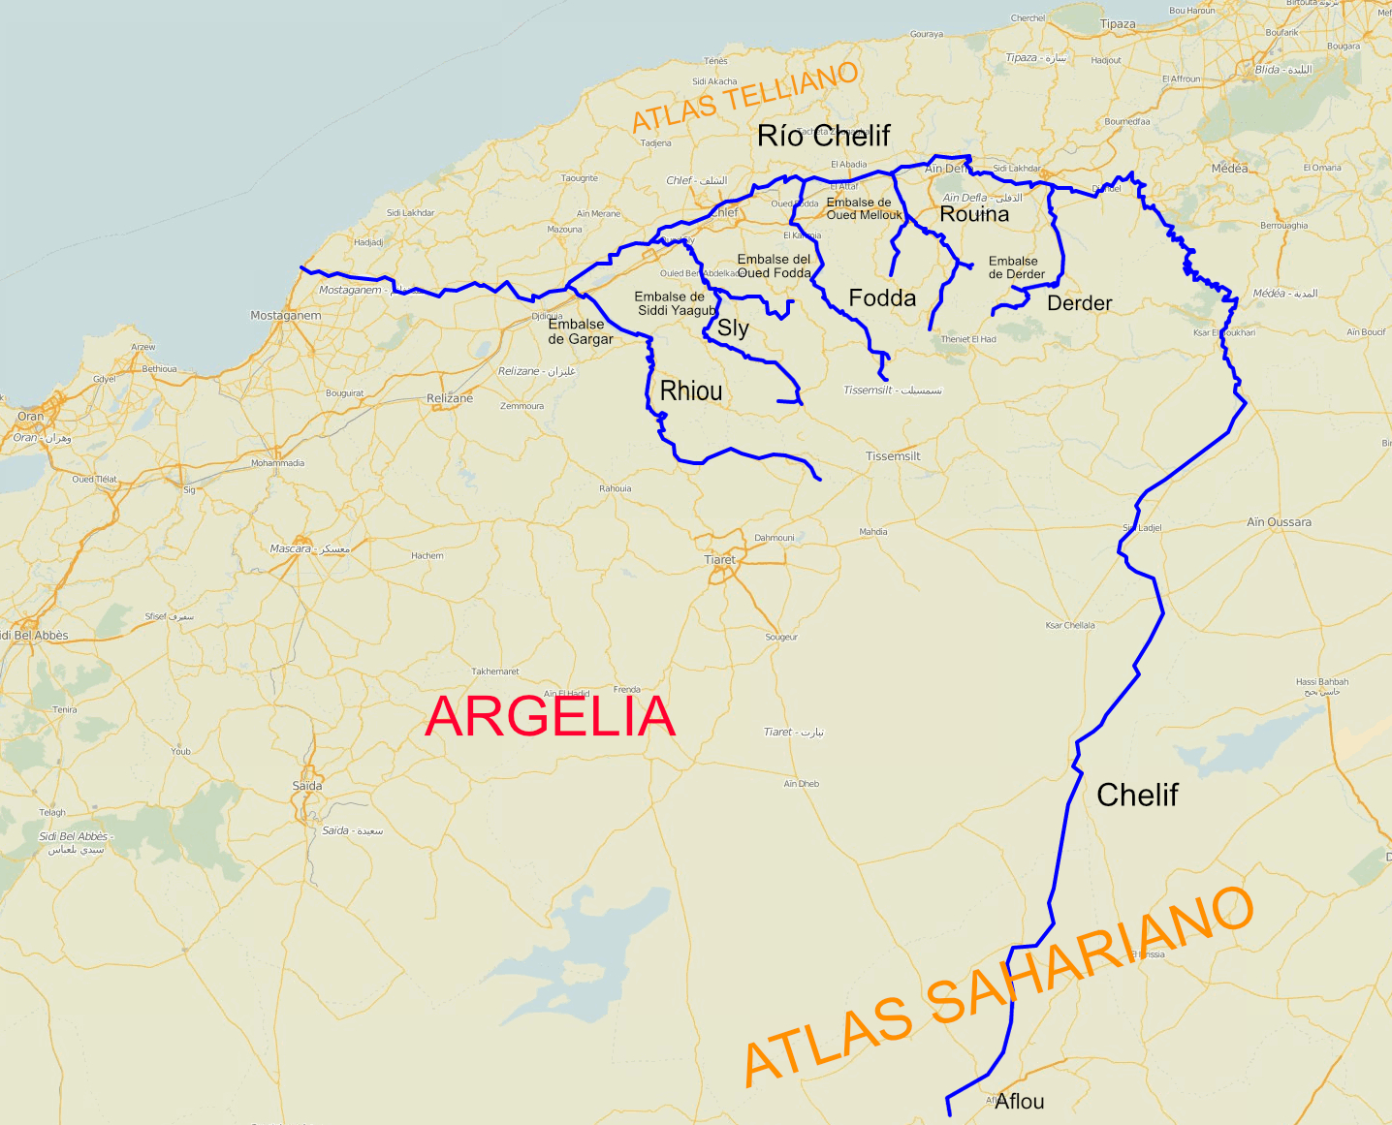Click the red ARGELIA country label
(x=550, y=717)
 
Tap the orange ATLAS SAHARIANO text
(x=998, y=988)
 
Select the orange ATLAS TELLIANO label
(x=744, y=97)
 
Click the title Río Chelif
(x=823, y=136)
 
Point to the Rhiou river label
(x=691, y=391)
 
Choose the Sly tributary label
(x=733, y=328)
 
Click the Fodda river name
(x=882, y=298)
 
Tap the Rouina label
(x=974, y=214)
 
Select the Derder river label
(x=1079, y=303)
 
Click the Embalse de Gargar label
(x=580, y=331)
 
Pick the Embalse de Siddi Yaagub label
(x=675, y=303)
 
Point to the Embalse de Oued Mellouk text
(x=863, y=208)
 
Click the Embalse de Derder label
(x=1015, y=267)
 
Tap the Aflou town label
(x=1019, y=1101)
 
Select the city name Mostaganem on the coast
(x=285, y=316)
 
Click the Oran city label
(x=30, y=417)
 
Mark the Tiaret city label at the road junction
(x=719, y=560)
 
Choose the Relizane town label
(x=450, y=398)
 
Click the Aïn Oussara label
(x=1279, y=522)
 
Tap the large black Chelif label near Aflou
(x=1137, y=795)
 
